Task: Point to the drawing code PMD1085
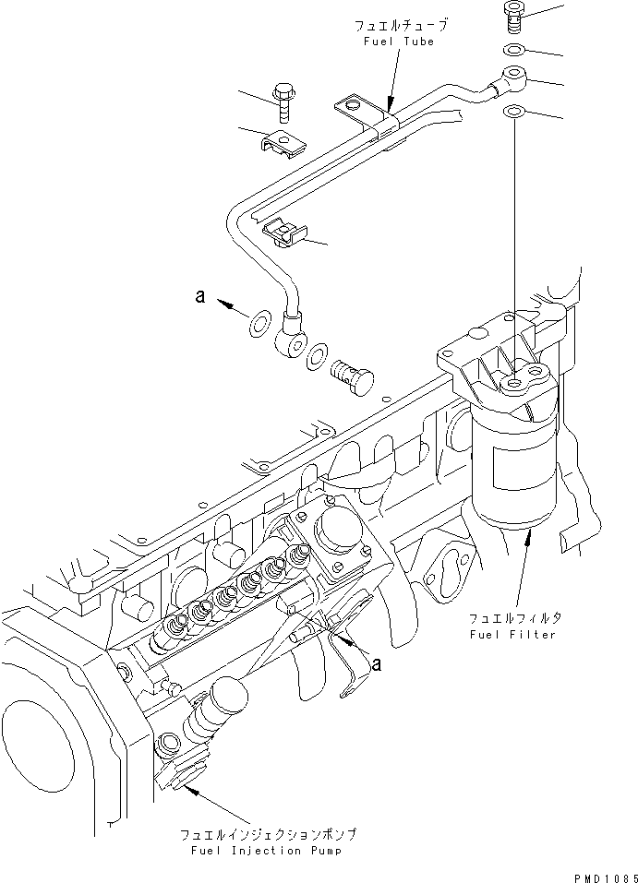coord(603,875)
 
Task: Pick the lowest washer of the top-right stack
coord(514,113)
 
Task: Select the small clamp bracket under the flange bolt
coord(283,143)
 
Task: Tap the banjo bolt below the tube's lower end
coord(352,374)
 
